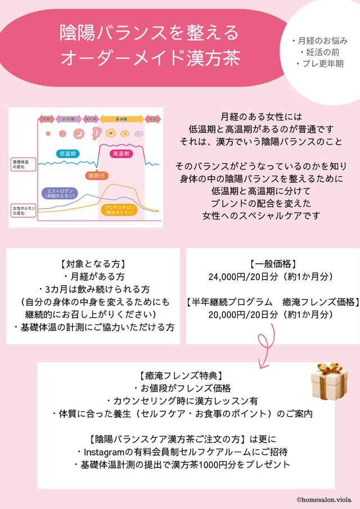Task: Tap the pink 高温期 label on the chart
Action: coord(121,153)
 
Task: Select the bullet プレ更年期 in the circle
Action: coord(319,64)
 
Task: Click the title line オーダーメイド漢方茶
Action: coord(150,57)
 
